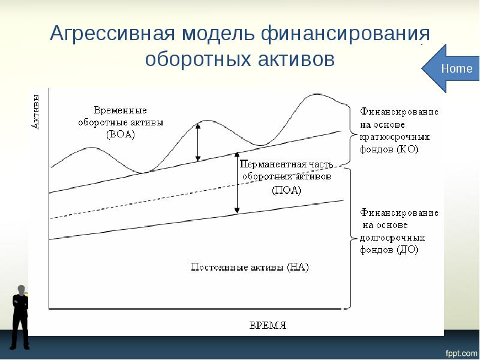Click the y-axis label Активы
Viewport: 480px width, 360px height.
click(35, 111)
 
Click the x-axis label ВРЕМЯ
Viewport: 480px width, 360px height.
click(268, 325)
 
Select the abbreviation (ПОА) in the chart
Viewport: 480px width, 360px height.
click(286, 190)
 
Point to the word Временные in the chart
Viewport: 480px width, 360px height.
click(120, 111)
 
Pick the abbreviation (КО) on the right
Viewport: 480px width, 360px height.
click(407, 148)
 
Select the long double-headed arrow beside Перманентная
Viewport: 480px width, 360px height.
click(237, 182)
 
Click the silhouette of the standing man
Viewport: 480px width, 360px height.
click(20, 317)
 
